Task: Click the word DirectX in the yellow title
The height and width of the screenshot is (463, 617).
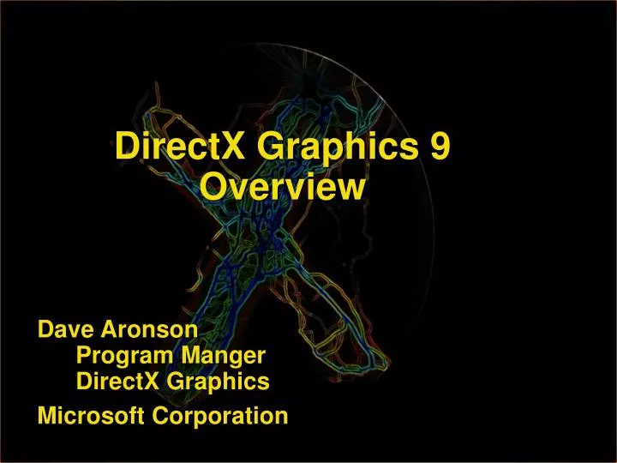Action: pyautogui.click(x=170, y=147)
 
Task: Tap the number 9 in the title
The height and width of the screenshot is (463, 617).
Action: pyautogui.click(x=439, y=147)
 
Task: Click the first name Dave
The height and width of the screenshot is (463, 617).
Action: pyautogui.click(x=67, y=329)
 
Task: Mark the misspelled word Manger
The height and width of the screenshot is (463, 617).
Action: pyautogui.click(x=223, y=356)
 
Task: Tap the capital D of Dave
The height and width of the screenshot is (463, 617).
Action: pyautogui.click(x=45, y=329)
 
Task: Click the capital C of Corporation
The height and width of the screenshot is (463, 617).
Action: pyautogui.click(x=161, y=417)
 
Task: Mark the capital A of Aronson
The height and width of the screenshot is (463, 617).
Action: pyautogui.click(x=110, y=329)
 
